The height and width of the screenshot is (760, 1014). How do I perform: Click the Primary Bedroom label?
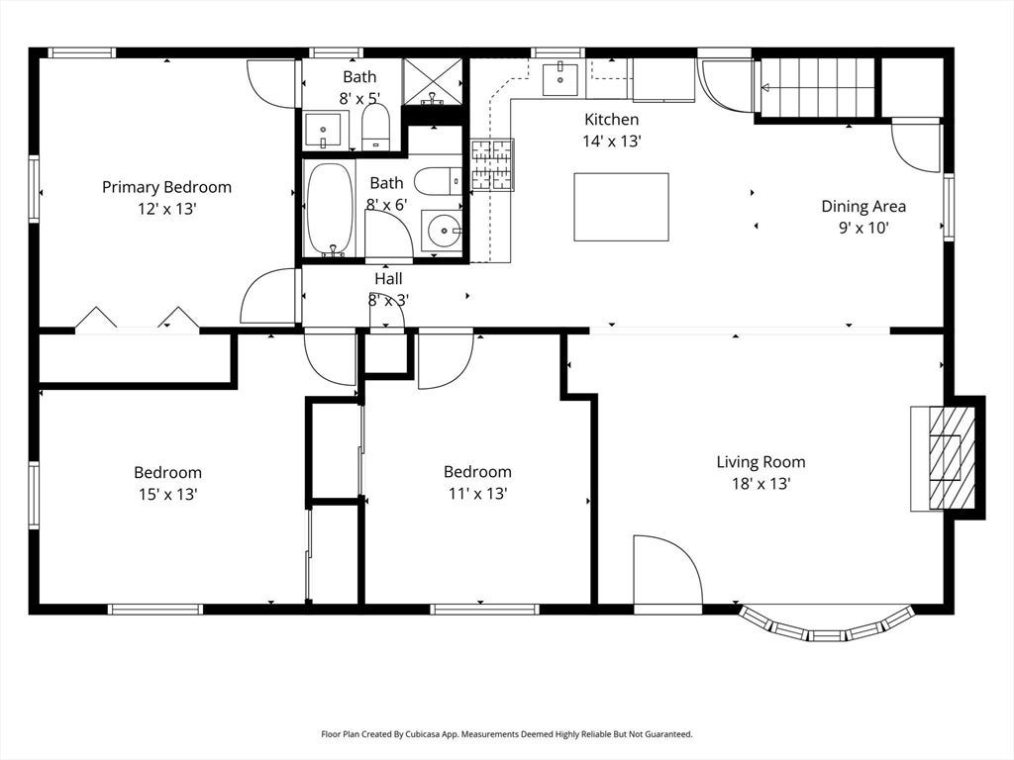(166, 187)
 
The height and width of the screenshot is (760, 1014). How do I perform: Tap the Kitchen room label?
(612, 120)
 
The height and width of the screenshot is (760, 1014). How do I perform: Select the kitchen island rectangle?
(622, 207)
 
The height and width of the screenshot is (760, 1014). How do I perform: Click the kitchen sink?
(560, 79)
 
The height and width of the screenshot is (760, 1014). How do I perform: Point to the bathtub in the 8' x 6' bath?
(330, 210)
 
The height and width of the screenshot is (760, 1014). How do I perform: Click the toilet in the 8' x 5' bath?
(375, 127)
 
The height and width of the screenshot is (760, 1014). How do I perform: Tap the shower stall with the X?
(433, 81)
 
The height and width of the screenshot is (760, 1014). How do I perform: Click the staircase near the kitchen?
(818, 88)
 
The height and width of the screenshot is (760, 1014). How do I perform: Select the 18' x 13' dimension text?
(761, 483)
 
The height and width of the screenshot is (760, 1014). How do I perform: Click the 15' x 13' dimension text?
(167, 495)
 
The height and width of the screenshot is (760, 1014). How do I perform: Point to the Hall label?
(388, 278)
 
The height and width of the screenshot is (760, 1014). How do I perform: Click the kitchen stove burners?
(492, 165)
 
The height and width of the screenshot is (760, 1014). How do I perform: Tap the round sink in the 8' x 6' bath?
(443, 230)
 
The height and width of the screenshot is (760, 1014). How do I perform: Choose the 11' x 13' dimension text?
(478, 494)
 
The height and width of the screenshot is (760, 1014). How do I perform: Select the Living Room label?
(761, 462)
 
